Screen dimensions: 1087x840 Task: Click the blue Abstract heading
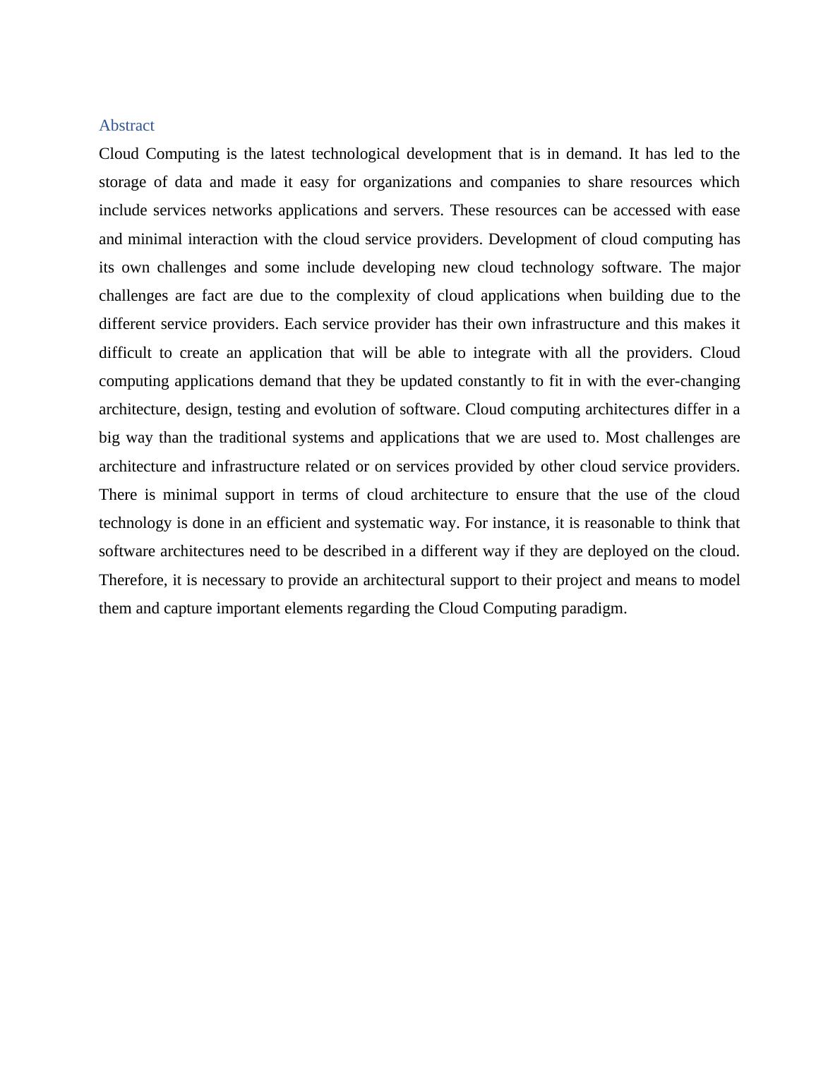pos(126,126)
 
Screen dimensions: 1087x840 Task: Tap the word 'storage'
pos(122,182)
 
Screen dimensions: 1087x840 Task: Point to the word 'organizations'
pos(407,182)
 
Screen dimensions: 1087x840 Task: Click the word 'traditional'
pos(256,438)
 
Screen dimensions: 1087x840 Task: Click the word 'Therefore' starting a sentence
pos(132,580)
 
